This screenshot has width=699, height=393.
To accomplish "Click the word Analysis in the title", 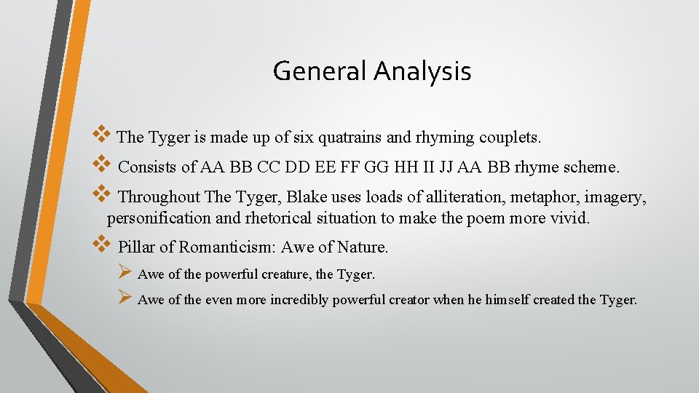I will click(422, 71).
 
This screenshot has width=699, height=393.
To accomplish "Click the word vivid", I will click(568, 218).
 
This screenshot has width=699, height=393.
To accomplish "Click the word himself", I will click(505, 300).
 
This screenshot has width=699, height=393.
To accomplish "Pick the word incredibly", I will click(299, 300).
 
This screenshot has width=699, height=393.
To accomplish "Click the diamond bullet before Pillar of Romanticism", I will click(100, 243).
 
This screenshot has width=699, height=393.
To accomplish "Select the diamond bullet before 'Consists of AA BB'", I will click(100, 164).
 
